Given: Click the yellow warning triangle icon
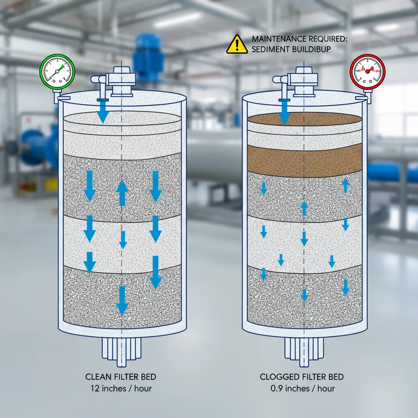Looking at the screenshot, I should (237, 44).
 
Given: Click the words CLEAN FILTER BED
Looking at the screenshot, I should (121, 377).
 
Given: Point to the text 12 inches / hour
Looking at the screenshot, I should (121, 388).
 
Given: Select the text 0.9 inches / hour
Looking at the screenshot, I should (302, 388).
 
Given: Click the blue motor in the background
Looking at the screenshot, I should (148, 57).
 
